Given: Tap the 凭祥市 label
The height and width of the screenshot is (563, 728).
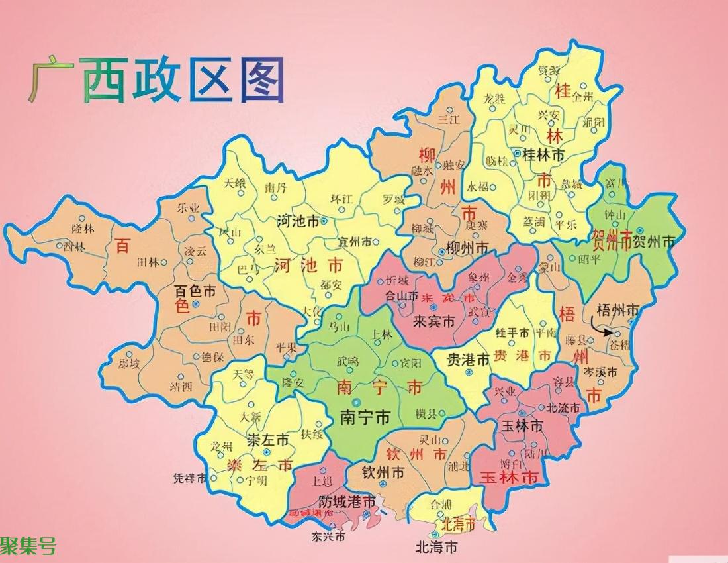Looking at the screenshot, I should (x=189, y=478).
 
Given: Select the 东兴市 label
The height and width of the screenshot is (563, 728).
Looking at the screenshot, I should (x=328, y=536).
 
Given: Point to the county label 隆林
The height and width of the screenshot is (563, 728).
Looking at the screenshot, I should (x=83, y=229).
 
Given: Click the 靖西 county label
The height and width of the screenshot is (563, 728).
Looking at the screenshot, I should (x=180, y=385).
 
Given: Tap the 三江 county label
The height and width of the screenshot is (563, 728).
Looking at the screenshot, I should (x=448, y=119).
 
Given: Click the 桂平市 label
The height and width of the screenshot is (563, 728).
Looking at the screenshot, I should (x=514, y=333).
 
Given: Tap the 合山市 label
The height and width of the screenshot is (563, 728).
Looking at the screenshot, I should (x=402, y=296).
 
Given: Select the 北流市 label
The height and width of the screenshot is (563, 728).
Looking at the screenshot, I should (x=563, y=407).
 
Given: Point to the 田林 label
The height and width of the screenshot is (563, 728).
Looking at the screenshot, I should (x=147, y=262).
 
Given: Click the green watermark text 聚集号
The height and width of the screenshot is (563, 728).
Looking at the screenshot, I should (x=28, y=547).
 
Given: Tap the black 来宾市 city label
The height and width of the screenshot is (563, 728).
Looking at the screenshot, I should (x=433, y=321).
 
